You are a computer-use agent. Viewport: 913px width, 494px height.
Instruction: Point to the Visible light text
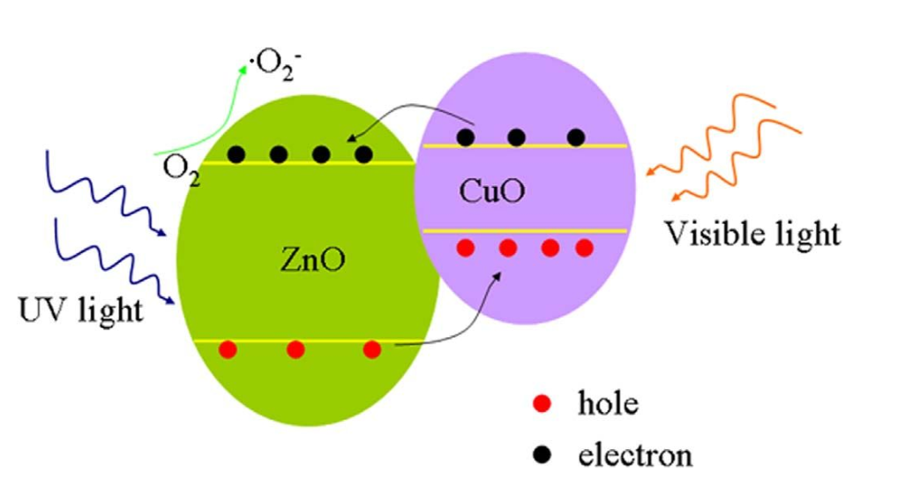point(752,234)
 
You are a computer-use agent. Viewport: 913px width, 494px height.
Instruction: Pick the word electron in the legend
point(634,455)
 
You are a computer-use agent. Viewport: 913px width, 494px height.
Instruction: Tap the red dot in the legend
point(543,405)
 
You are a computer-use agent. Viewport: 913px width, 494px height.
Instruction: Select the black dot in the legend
point(543,455)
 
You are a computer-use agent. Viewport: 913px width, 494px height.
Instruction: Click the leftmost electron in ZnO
point(236,154)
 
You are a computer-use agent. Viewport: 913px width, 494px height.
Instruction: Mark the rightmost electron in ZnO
point(363,154)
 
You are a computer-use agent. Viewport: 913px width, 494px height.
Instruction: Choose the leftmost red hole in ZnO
point(228,349)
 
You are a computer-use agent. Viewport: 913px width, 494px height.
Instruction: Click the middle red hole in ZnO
point(296,349)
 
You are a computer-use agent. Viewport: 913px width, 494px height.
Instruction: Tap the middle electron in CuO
point(517,137)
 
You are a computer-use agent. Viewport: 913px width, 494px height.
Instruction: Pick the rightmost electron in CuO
point(576,137)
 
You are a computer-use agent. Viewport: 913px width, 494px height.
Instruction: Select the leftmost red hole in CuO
point(467,248)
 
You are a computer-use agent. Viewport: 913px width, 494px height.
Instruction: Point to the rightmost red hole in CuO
point(584,248)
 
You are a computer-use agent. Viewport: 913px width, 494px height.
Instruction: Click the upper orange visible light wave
point(750,132)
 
